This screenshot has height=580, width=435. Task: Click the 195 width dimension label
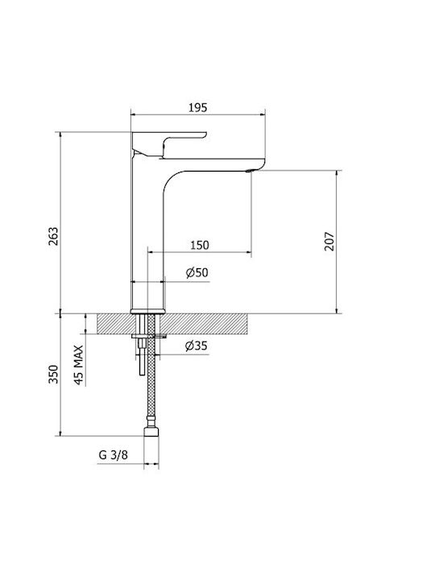pos(198,108)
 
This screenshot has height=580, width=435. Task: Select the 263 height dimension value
pos(54,236)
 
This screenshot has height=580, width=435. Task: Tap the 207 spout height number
pos(329,242)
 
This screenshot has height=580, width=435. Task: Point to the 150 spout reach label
pos(200,245)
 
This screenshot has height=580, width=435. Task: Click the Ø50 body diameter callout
pos(197,272)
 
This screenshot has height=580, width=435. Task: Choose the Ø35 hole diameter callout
pos(197,346)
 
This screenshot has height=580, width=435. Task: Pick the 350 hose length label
pos(54,374)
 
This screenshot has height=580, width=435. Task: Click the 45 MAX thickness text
pos(79,365)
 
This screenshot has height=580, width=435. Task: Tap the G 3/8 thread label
pos(114,454)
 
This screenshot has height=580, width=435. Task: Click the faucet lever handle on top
pos(168,143)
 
